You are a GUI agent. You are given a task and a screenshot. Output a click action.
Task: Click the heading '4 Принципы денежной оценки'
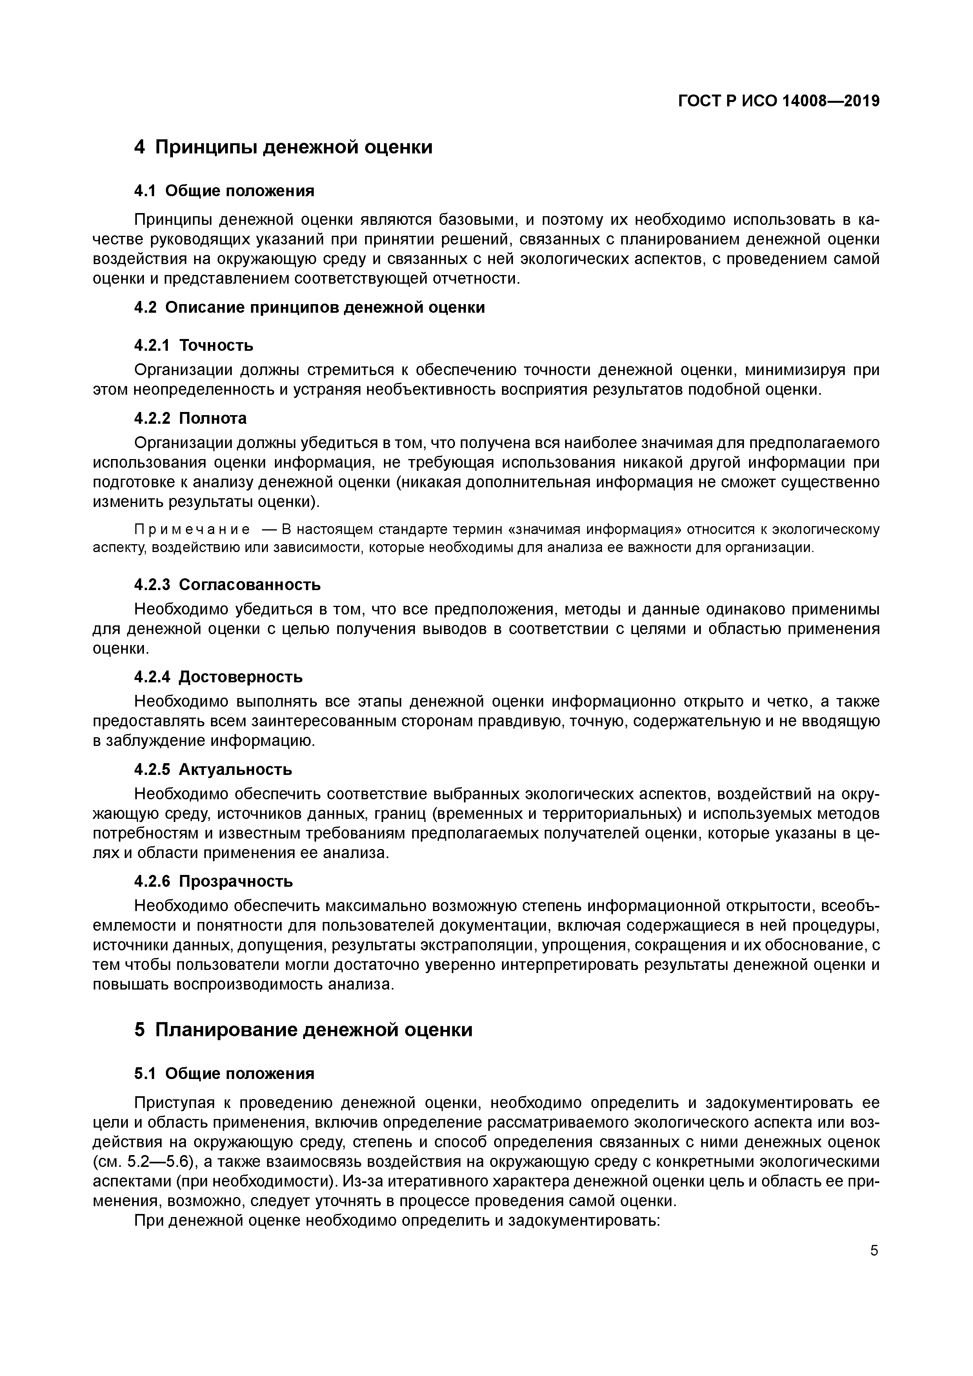[x=283, y=147]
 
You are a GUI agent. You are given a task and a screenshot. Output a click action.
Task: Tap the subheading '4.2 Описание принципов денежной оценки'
[x=309, y=308]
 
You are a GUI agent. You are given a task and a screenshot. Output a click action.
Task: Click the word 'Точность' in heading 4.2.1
[x=216, y=345]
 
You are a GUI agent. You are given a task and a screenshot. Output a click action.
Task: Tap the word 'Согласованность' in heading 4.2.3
[x=250, y=584]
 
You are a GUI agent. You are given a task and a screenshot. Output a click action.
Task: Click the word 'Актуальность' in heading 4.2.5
[x=235, y=769]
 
